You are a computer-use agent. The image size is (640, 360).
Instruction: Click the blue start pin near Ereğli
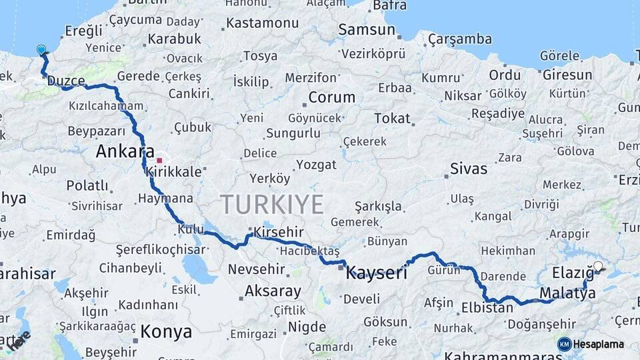coord(41,49)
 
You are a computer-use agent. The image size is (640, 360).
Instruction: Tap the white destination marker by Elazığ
coord(598,267)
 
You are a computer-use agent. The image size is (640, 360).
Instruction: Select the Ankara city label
coord(125,151)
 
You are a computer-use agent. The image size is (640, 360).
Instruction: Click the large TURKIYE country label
coord(272,204)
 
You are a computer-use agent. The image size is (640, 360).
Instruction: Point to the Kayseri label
coord(376,272)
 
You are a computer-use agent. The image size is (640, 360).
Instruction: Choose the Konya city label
coord(166,331)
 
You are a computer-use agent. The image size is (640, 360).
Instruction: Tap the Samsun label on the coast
coord(367,29)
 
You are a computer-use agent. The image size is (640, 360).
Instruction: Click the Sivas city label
coord(469,168)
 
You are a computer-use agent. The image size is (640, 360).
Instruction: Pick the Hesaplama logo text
coord(599,344)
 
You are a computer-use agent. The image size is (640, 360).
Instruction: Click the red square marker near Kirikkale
coord(159,160)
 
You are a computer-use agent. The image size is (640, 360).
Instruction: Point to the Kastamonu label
coord(262,23)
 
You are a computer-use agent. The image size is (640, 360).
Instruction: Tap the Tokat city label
coord(392,118)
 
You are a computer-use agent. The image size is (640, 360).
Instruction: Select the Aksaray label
coord(273,291)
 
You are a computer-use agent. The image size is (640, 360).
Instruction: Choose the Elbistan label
coord(487,308)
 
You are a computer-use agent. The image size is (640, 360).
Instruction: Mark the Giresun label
coord(567,75)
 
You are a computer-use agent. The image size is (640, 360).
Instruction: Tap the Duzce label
coord(66,81)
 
